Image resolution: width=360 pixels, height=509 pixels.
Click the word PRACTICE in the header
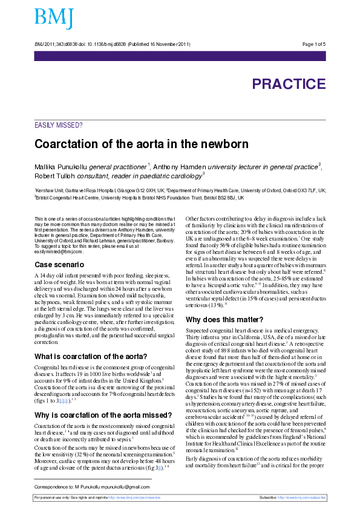click(x=289, y=84)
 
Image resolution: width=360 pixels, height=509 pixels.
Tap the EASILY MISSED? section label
click(x=59, y=125)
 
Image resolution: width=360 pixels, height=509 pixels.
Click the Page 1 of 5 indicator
click(x=313, y=44)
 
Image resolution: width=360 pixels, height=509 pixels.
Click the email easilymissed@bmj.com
click(x=57, y=251)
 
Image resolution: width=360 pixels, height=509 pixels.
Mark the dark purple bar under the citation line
click(x=180, y=56)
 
